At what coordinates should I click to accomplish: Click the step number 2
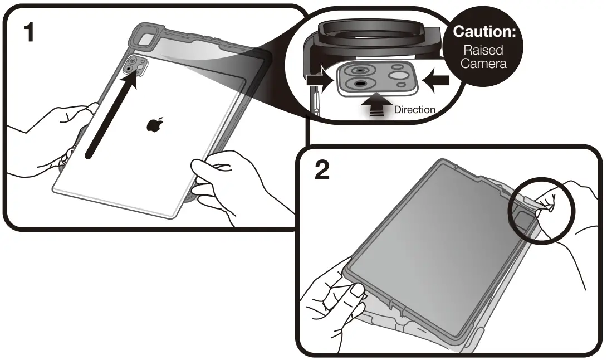(322, 171)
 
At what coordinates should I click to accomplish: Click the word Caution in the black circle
(485, 32)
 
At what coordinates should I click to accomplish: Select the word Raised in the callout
(483, 50)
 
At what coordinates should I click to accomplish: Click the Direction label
(414, 110)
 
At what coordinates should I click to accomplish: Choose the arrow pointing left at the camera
(437, 80)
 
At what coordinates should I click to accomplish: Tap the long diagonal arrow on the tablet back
(111, 114)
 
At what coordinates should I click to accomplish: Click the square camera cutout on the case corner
(146, 40)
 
